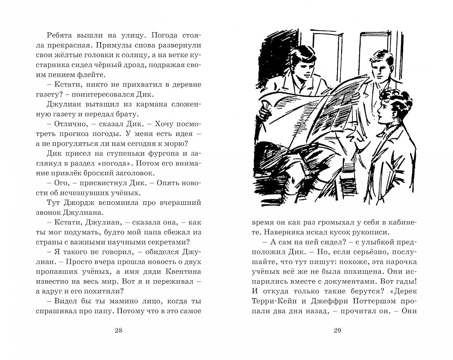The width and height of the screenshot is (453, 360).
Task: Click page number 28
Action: pyautogui.click(x=119, y=331)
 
